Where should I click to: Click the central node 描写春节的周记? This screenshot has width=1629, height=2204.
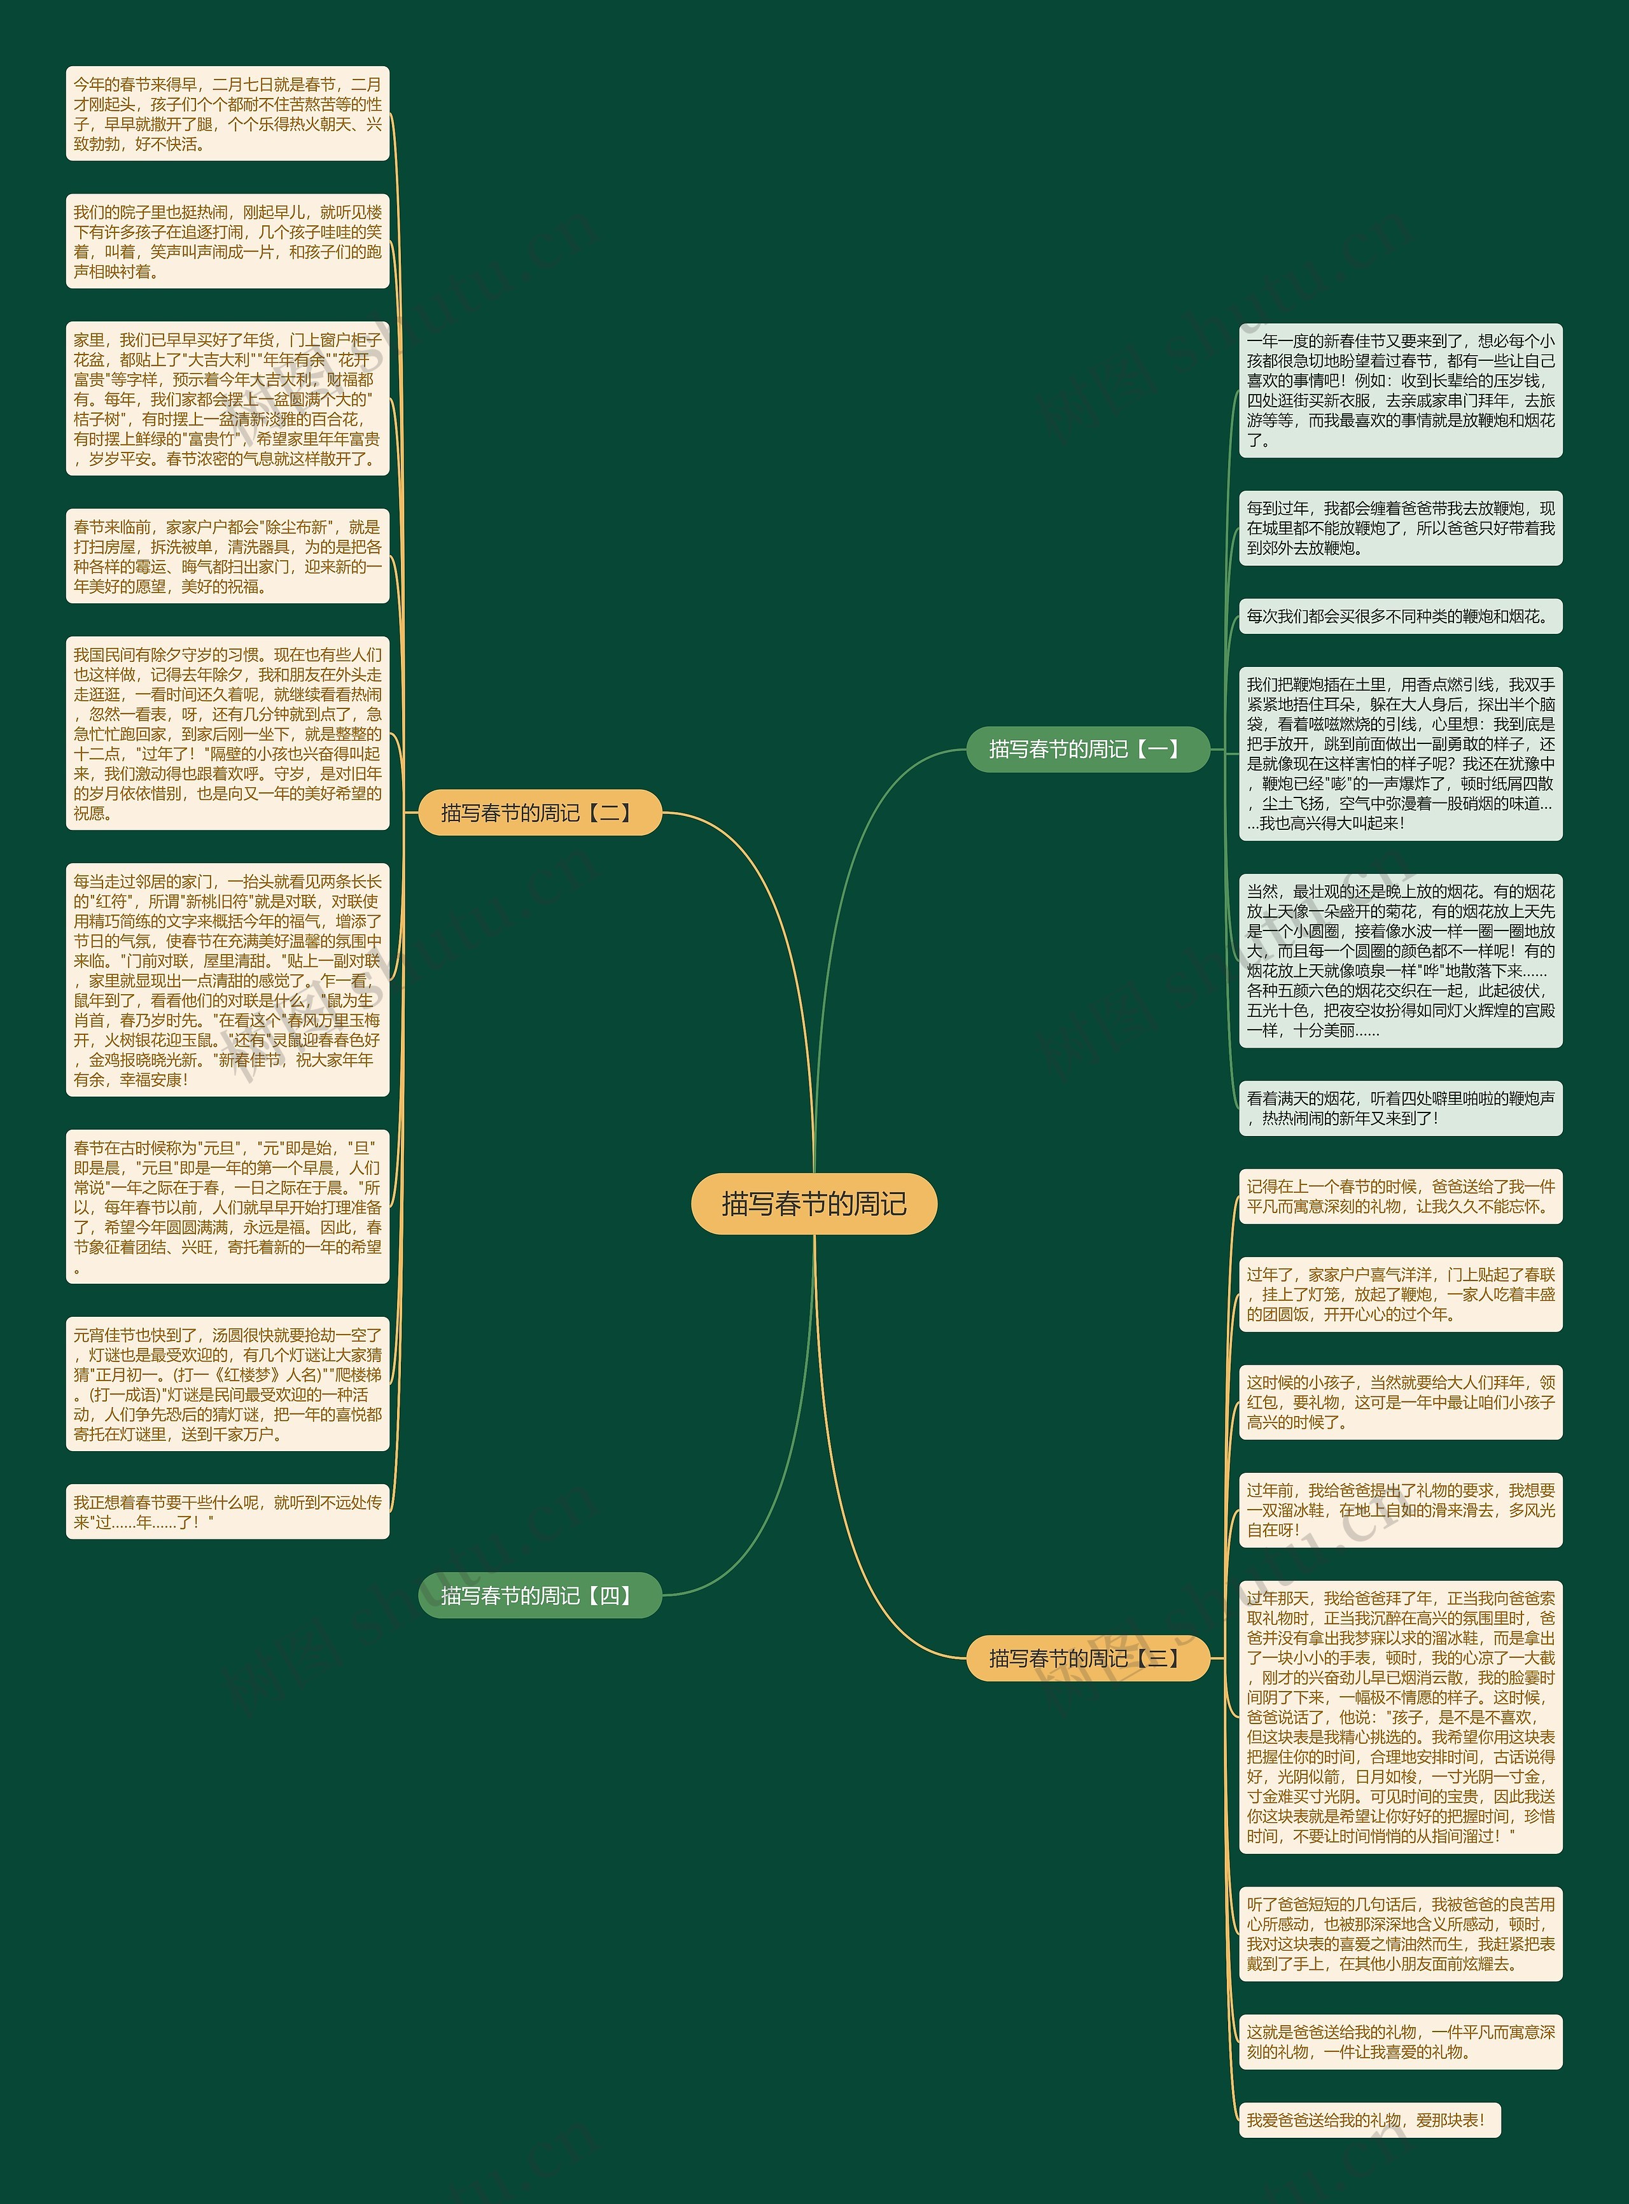tap(813, 1203)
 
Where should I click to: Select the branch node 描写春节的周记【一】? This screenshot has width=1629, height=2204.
tap(1087, 750)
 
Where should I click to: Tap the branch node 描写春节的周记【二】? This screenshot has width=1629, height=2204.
tap(540, 813)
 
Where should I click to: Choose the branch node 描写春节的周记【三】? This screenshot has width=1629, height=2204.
tap(1087, 1658)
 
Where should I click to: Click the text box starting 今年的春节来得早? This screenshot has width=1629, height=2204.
tap(228, 113)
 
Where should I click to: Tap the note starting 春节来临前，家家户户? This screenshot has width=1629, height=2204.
tap(228, 556)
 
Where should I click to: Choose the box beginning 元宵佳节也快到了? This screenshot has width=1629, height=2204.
tap(228, 1384)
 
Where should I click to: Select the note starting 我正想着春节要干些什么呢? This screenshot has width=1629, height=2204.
tap(228, 1511)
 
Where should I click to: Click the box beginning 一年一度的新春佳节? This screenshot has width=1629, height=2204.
tap(1400, 391)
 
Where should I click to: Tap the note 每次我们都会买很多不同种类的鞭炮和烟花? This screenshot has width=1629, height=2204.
tap(1400, 616)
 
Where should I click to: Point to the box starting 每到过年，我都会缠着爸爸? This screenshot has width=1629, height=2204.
tap(1400, 528)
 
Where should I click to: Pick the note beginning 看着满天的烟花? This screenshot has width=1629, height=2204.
tap(1400, 1107)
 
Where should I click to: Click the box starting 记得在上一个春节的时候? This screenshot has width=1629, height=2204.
tap(1400, 1196)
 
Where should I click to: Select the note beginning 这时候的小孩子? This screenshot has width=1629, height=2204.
tap(1400, 1402)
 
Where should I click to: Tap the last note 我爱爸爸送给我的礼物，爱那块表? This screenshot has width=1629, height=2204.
tap(1369, 2119)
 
